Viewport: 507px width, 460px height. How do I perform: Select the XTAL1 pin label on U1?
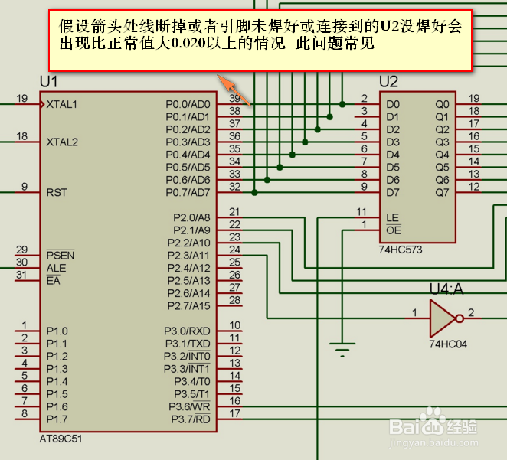[61, 103]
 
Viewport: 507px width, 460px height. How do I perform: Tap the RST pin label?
[56, 192]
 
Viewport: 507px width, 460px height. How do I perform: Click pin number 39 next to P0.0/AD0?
[235, 98]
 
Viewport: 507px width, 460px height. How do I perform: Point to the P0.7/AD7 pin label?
[187, 192]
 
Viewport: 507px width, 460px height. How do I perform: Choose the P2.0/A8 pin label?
[191, 217]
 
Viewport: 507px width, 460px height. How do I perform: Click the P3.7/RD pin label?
[190, 419]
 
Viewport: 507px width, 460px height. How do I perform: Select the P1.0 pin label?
[57, 331]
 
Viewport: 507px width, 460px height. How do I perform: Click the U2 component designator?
[388, 82]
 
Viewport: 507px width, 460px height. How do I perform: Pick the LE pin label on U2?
[392, 217]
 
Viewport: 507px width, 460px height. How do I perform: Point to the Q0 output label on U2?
[442, 104]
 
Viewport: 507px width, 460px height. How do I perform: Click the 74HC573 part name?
[401, 250]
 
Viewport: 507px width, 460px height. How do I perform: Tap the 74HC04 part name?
[448, 344]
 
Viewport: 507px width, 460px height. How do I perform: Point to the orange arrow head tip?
[219, 76]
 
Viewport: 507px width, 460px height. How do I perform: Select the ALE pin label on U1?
[56, 268]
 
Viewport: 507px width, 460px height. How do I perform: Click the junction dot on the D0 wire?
[342, 104]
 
